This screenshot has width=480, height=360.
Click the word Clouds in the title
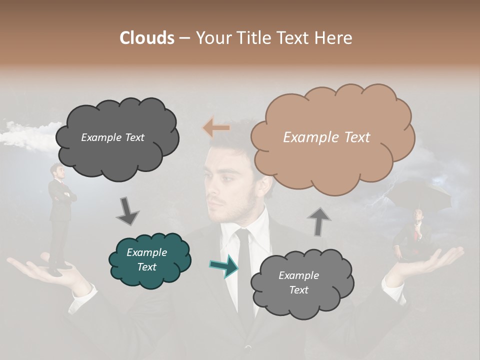[x=147, y=38]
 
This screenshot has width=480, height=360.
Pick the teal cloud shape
[x=150, y=260]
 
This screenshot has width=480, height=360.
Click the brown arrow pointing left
[x=216, y=128]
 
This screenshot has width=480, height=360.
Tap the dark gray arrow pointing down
[x=128, y=211]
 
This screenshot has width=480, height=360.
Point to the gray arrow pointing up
[x=318, y=221]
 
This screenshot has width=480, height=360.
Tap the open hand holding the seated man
[x=430, y=260]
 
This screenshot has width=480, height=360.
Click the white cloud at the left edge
[x=25, y=135]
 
